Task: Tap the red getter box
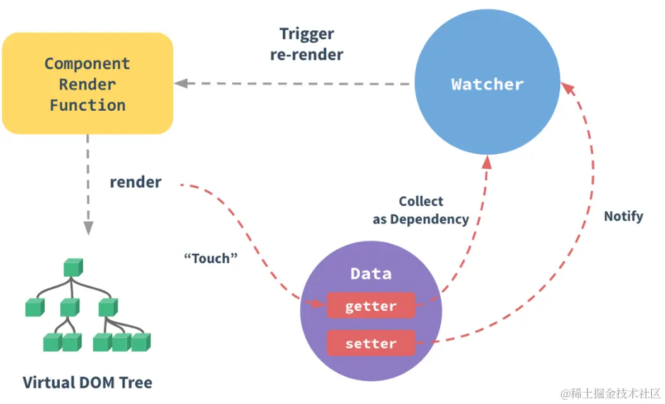[371, 306]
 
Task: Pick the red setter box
[371, 344]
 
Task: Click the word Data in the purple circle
[371, 274]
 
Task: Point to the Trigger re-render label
[307, 44]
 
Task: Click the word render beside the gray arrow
[135, 182]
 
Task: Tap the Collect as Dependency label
[421, 210]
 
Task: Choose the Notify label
[623, 216]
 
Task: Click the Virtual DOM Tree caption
[88, 382]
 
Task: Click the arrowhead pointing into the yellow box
[181, 83]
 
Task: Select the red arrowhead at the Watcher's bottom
[486, 162]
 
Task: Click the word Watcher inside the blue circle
[487, 84]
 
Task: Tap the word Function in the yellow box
[88, 105]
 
